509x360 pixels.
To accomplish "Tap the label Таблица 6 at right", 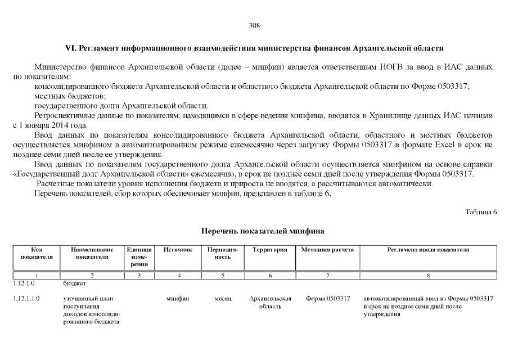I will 481,211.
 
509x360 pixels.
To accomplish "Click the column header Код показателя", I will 37,253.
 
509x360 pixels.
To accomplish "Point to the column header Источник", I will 178,249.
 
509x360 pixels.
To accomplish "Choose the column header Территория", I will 270,249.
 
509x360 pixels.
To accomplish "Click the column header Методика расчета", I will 327,249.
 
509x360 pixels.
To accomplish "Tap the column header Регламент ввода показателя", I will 428,249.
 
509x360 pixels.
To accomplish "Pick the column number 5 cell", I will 223,276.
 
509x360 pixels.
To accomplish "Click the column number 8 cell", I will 428,276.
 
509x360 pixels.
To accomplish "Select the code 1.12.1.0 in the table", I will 23,284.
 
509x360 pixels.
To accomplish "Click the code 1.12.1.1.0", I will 26,299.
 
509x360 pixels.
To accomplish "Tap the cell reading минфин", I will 178,299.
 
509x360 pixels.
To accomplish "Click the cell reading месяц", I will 223,299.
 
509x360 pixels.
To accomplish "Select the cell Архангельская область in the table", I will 270,302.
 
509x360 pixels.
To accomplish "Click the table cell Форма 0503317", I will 328,299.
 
